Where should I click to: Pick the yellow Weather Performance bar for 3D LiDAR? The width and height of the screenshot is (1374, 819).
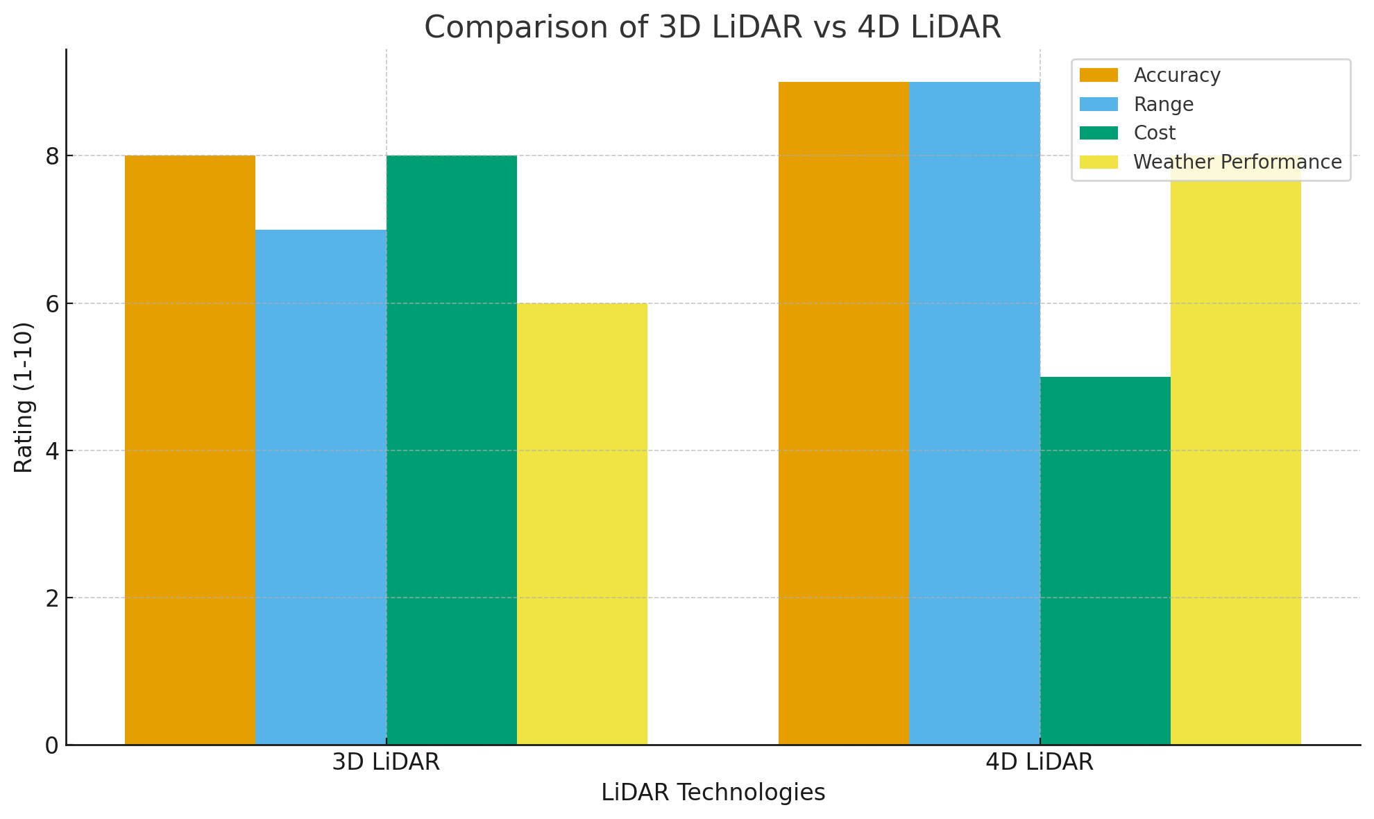pyautogui.click(x=582, y=524)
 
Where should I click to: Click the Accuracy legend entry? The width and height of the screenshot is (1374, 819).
pyautogui.click(x=1177, y=75)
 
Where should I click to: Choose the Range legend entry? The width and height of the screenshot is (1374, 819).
pyautogui.click(x=1164, y=104)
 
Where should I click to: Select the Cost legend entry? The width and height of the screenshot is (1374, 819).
pyautogui.click(x=1155, y=133)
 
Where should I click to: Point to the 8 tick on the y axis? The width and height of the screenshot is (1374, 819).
pyautogui.click(x=53, y=156)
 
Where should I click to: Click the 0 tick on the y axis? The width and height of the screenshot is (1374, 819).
pyautogui.click(x=53, y=745)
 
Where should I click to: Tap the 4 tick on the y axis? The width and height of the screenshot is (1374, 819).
pyautogui.click(x=53, y=451)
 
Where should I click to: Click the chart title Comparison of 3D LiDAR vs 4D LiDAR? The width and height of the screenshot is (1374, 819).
pyautogui.click(x=713, y=28)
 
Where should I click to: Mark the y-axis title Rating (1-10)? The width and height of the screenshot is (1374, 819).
pyautogui.click(x=24, y=397)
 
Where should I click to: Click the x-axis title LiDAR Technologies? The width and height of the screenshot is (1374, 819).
pyautogui.click(x=713, y=793)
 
